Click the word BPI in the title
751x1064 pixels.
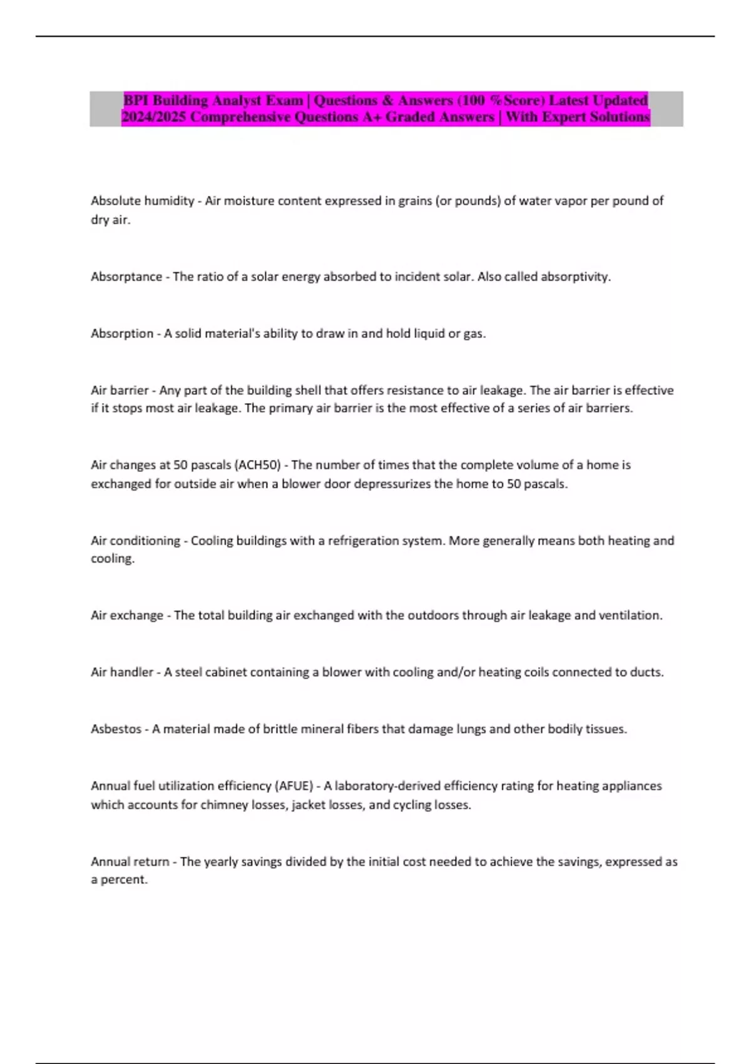(x=136, y=100)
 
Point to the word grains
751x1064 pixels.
(x=414, y=201)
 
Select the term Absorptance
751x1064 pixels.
(x=126, y=277)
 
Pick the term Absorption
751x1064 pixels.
(x=122, y=334)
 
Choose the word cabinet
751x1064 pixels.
(x=226, y=672)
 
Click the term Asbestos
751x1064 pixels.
(x=116, y=729)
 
